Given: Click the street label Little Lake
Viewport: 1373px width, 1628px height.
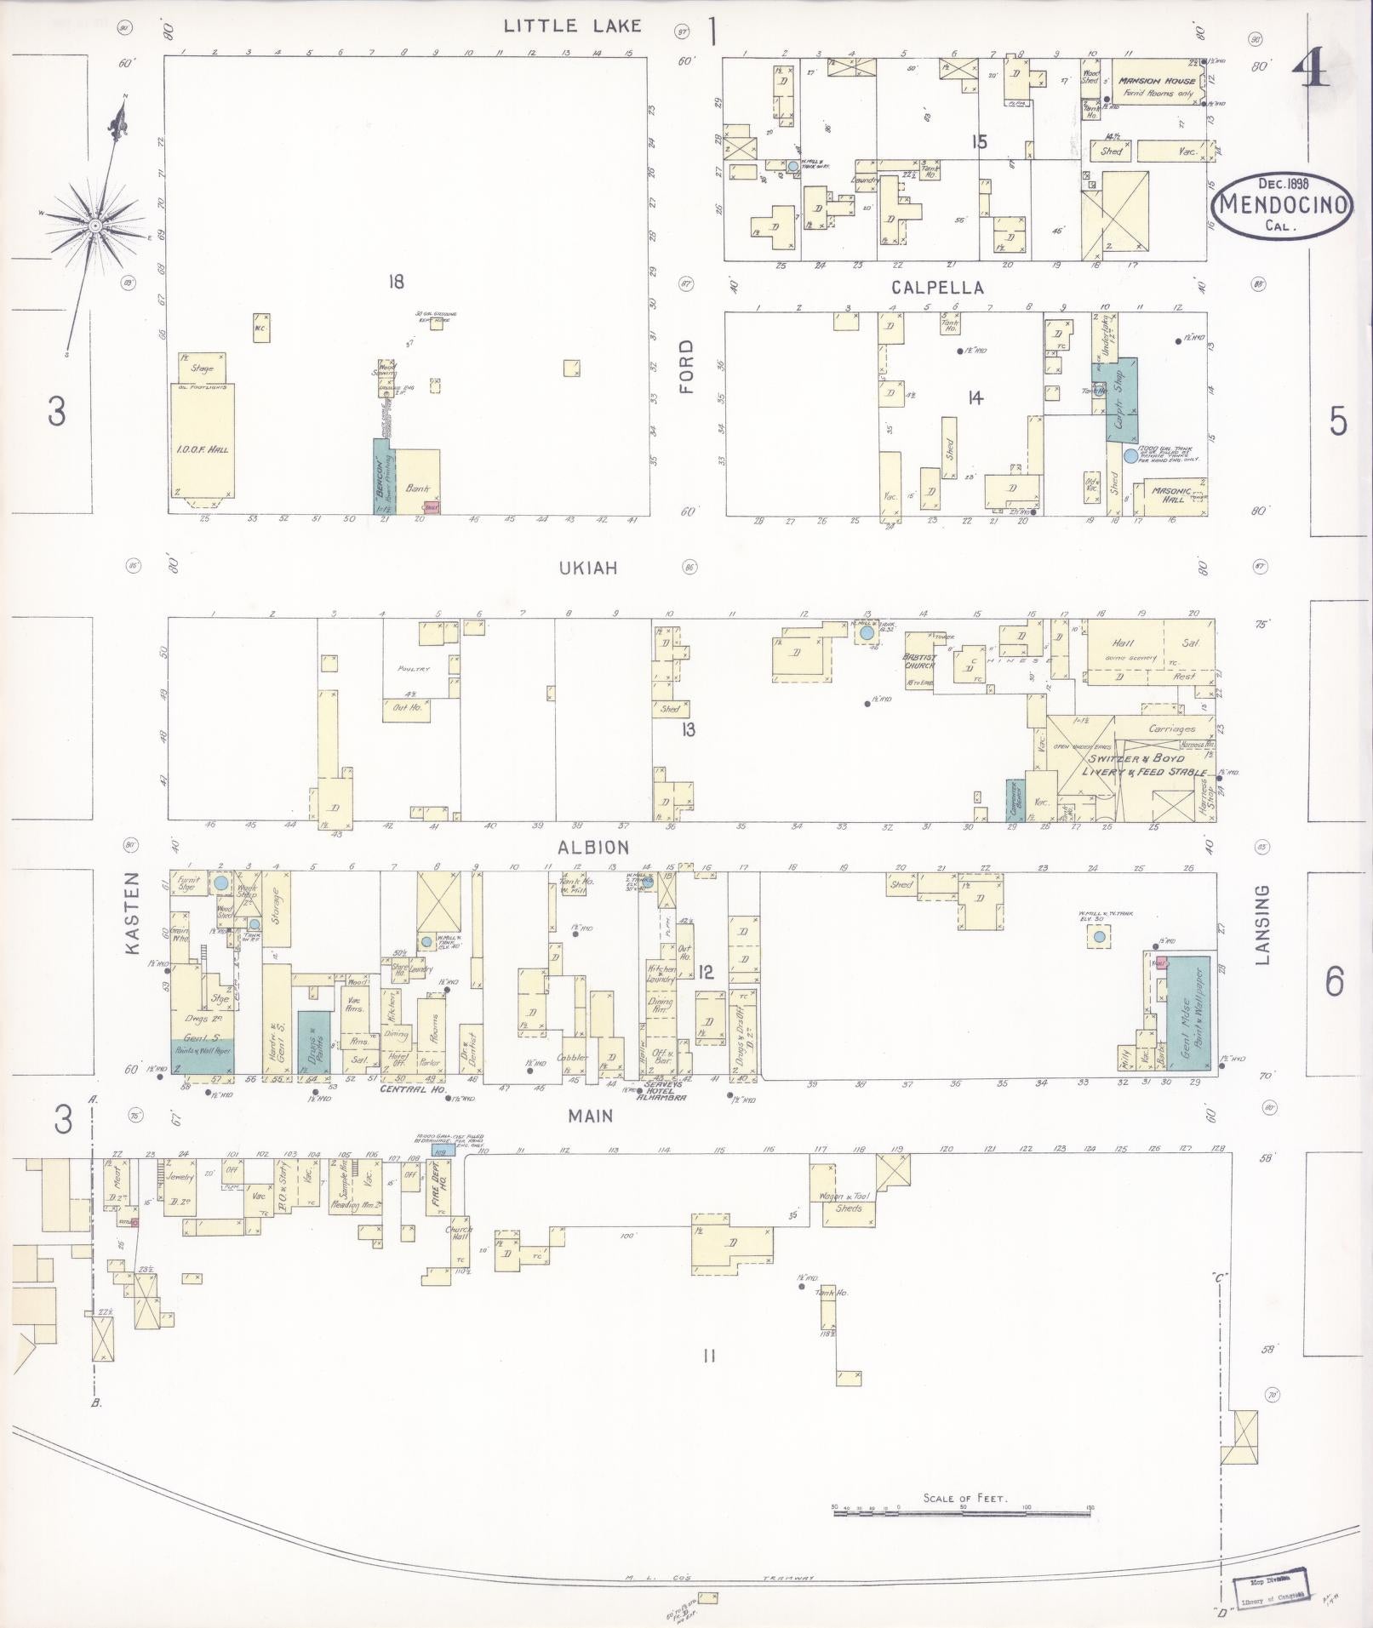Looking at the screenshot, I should [x=572, y=26].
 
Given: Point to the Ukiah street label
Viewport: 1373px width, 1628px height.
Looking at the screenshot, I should [x=587, y=568].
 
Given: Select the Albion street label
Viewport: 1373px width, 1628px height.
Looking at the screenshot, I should [x=593, y=847].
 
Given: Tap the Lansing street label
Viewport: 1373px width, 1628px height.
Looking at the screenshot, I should [x=1261, y=924].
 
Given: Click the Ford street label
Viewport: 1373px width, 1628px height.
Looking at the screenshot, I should [x=687, y=366].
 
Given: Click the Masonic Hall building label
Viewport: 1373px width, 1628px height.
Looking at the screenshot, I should [x=1168, y=494].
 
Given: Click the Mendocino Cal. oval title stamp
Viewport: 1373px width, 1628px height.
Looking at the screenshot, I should [x=1282, y=205].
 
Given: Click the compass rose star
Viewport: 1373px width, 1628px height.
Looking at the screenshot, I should [x=95, y=226].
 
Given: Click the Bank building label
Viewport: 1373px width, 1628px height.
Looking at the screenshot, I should [x=417, y=488].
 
